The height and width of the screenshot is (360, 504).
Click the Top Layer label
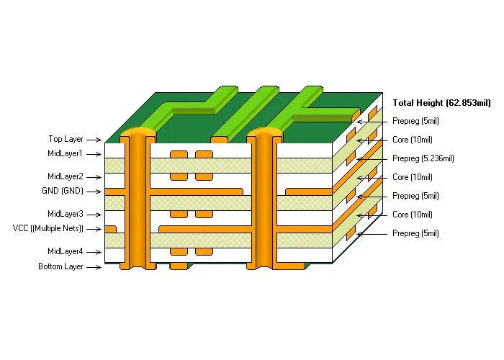point(66,138)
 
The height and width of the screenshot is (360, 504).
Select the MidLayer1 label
point(66,153)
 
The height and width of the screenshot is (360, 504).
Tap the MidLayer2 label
point(66,176)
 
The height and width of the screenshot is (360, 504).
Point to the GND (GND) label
point(63,191)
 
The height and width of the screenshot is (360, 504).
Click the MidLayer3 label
point(66,214)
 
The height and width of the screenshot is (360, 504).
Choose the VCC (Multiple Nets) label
point(48,228)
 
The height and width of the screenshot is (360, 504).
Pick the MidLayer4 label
point(66,251)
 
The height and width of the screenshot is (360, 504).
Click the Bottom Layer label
point(61,266)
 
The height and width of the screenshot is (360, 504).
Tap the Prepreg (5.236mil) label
point(423,158)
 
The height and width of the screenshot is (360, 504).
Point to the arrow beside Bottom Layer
point(94,267)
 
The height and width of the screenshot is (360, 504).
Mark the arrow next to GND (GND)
point(94,192)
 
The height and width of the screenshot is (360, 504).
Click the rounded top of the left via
point(137,133)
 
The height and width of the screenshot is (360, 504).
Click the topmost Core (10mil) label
point(413,140)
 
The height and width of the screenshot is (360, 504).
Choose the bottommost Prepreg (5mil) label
point(416,233)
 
